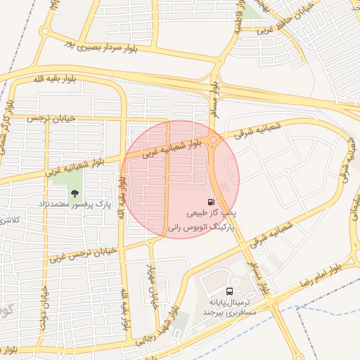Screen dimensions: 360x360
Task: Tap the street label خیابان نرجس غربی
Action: click(x=81, y=255)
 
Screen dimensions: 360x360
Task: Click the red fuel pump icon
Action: click(x=212, y=201)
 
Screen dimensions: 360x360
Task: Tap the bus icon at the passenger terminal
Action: click(x=230, y=290)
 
